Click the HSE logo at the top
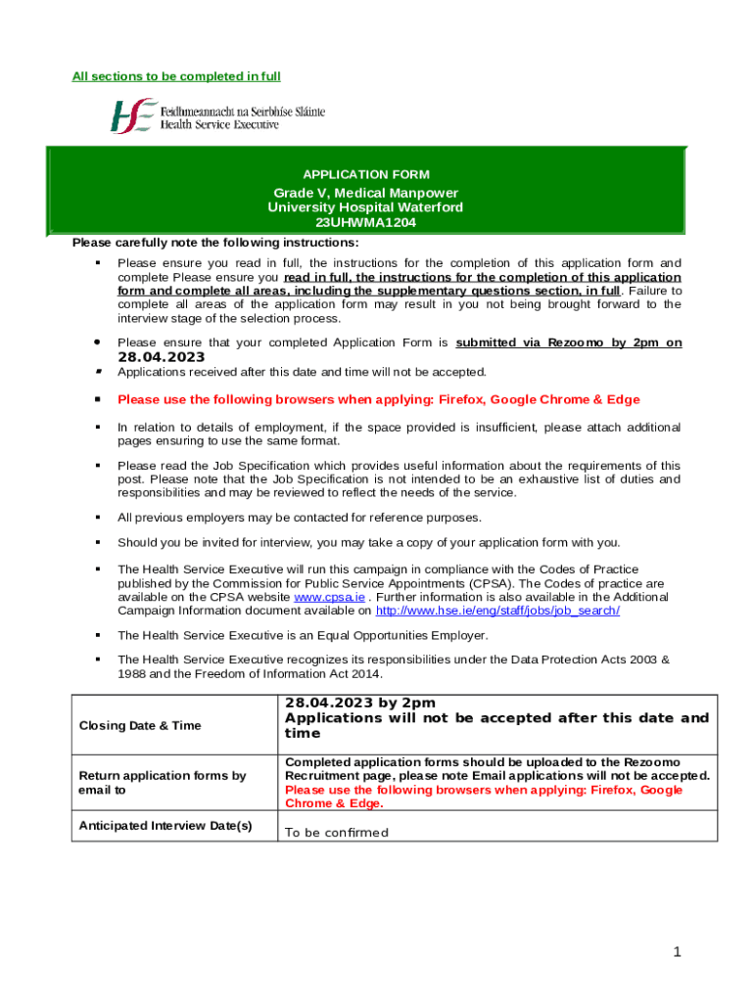click(216, 115)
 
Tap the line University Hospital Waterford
click(365, 207)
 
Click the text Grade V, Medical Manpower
click(365, 193)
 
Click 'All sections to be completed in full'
click(176, 76)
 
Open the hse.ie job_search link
click(497, 610)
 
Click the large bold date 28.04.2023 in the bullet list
click(161, 357)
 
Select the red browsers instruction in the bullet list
click(378, 399)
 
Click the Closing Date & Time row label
click(139, 725)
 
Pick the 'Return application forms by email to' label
click(162, 782)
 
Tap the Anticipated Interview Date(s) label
click(165, 825)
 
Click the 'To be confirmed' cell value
click(336, 833)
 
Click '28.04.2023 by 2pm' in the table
click(359, 703)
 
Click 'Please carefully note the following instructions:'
click(215, 243)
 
